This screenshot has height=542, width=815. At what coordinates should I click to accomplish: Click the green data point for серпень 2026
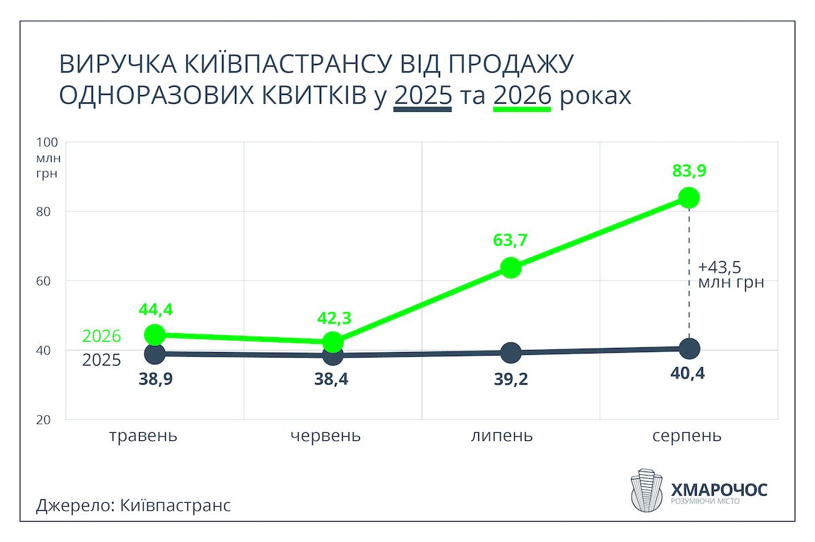[689, 198]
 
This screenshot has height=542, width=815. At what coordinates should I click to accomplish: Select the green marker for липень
[511, 268]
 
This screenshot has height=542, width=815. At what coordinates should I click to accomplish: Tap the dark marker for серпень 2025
[689, 349]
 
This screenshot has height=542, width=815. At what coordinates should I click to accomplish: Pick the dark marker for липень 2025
[511, 352]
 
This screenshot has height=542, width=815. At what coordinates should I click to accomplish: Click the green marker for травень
[155, 335]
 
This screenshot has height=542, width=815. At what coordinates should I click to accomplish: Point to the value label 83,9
[689, 170]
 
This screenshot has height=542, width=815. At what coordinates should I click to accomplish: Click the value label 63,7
[510, 240]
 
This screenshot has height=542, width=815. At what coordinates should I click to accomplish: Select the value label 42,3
[334, 318]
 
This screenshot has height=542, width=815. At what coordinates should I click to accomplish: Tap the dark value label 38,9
[156, 379]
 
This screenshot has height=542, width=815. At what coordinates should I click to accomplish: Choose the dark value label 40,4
[687, 373]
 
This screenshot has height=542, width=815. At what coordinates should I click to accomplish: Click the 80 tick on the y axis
[43, 212]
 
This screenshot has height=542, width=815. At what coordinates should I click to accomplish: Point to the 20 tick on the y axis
[43, 420]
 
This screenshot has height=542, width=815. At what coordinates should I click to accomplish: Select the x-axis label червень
[325, 435]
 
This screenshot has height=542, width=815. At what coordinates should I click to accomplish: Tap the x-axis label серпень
[687, 435]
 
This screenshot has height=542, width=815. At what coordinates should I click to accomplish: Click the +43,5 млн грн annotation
[731, 275]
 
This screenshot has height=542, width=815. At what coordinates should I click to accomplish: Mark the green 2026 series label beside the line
[101, 336]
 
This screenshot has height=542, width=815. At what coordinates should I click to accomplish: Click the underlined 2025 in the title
[422, 96]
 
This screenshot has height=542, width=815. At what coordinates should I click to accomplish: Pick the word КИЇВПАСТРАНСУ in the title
[288, 64]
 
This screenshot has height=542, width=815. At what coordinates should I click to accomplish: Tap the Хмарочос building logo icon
[646, 490]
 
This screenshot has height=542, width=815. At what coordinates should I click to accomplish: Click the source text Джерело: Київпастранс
[134, 505]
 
